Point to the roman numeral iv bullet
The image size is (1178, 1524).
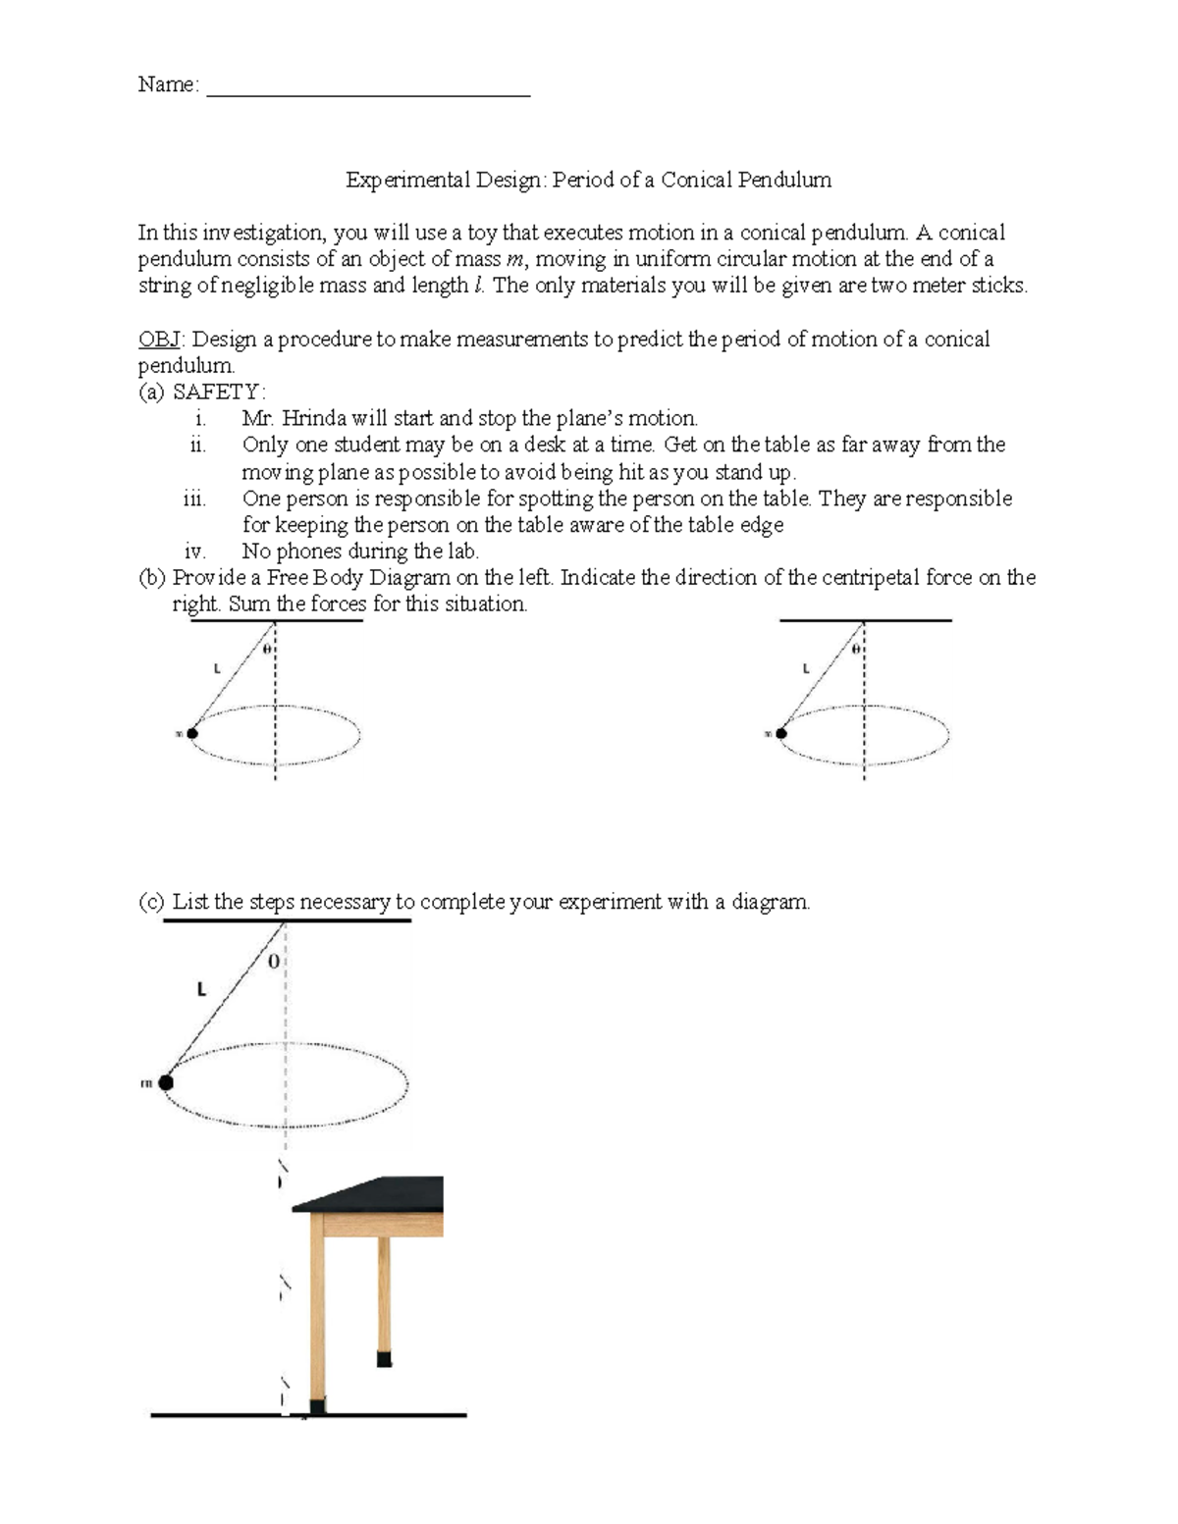click(194, 552)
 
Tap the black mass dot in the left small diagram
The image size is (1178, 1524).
click(192, 733)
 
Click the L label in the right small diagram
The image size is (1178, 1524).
click(806, 669)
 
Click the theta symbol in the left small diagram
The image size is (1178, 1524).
click(266, 650)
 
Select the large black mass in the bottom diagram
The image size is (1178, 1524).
click(166, 1081)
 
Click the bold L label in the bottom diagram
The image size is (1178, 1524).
click(201, 990)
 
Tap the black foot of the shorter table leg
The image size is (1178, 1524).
click(384, 1359)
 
